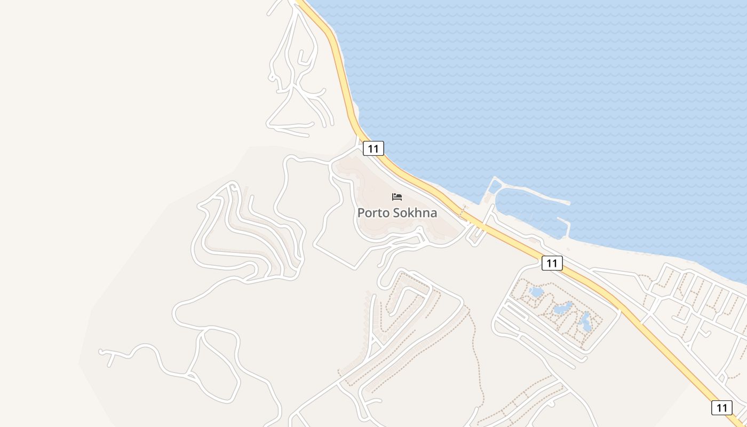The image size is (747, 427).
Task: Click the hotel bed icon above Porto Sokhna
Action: (396, 197)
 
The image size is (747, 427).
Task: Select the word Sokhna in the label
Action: (415, 213)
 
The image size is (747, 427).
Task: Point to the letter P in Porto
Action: (361, 213)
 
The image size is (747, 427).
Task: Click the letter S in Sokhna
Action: (396, 213)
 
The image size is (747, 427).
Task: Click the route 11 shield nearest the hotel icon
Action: (373, 148)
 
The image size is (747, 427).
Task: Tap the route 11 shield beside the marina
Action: (552, 263)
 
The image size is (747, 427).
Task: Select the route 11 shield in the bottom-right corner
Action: (721, 408)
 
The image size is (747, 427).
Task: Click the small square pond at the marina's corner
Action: (495, 186)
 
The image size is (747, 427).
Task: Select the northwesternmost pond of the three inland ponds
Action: (536, 292)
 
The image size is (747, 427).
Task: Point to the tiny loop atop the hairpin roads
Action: (233, 187)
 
